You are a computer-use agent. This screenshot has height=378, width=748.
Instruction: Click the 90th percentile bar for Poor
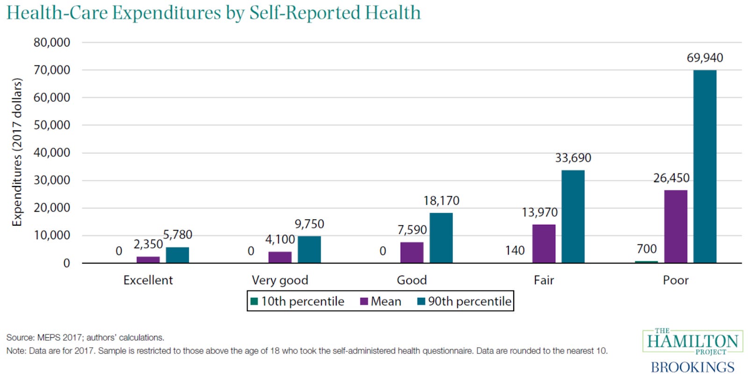point(705,166)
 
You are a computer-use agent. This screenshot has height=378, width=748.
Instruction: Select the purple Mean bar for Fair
point(544,243)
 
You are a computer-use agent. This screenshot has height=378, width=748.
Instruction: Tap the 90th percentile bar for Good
point(441,238)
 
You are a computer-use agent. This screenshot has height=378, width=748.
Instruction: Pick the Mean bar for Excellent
point(148,260)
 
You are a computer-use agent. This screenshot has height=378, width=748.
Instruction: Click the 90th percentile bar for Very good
point(309,250)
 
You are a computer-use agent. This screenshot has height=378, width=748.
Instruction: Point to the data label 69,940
point(705,58)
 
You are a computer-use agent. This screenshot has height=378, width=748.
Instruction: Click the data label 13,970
point(539,213)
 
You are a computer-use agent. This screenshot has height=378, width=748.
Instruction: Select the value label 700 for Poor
point(647,249)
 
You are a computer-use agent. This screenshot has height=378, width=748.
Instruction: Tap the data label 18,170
point(441,201)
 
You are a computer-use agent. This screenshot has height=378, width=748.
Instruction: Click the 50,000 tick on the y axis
point(52,125)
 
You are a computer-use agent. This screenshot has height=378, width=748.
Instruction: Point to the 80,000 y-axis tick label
point(52,43)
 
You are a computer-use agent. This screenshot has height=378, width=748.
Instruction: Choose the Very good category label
point(280,280)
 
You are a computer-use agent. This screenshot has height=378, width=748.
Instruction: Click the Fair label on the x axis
point(544,280)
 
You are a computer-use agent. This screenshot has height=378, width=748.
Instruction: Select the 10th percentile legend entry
point(297,301)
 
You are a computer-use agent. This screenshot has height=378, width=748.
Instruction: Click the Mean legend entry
point(381,301)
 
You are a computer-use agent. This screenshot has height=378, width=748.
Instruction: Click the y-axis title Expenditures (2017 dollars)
point(17,152)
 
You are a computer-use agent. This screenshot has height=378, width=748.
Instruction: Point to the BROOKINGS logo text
point(692,367)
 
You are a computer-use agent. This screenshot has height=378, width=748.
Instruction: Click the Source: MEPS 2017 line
point(85,337)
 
